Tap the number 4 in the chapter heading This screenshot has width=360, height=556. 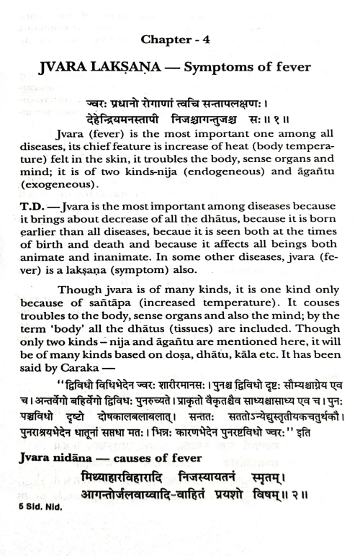pyautogui.click(x=207, y=40)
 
